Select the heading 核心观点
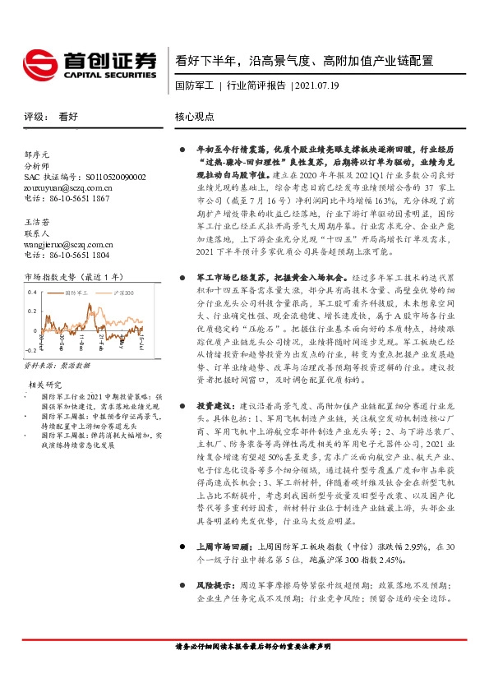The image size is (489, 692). click(x=194, y=117)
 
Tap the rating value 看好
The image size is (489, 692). click(x=68, y=117)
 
